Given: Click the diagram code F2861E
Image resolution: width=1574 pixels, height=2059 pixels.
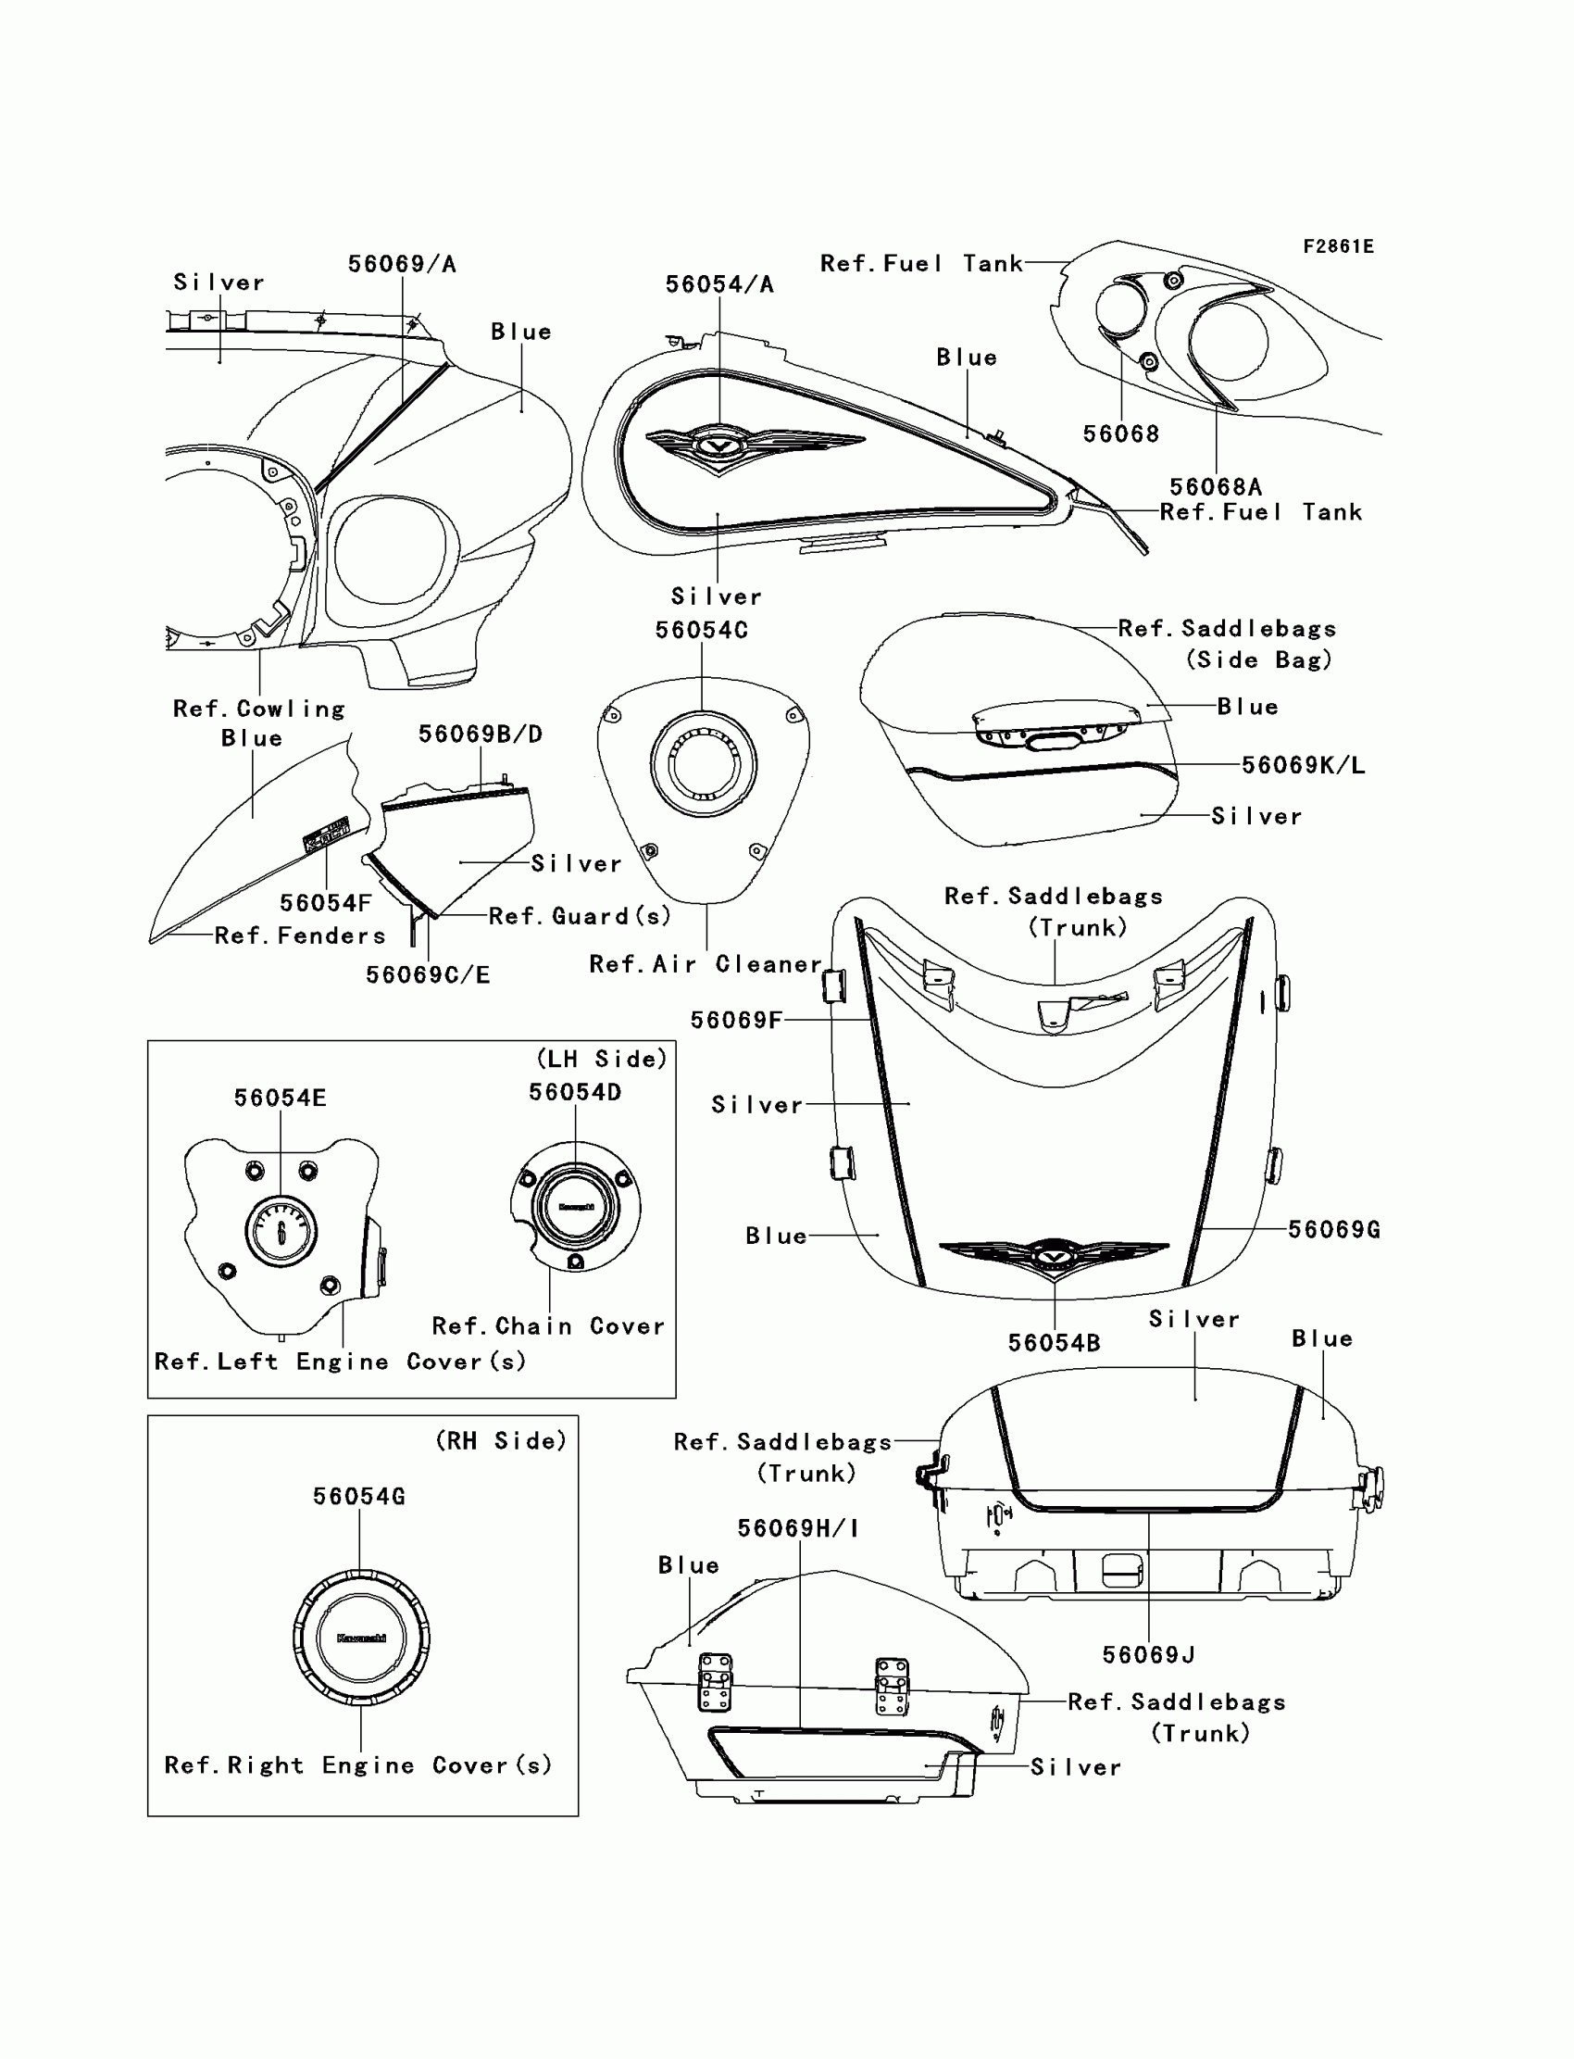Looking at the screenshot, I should click(x=1338, y=246).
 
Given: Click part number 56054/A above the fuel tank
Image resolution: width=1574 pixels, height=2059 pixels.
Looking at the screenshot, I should click(x=719, y=285).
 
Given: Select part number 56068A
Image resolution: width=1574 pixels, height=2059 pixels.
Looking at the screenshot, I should click(x=1215, y=486).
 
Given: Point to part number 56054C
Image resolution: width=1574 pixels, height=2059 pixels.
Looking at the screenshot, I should click(x=702, y=630).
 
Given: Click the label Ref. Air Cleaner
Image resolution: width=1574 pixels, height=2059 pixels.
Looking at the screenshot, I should click(x=706, y=964).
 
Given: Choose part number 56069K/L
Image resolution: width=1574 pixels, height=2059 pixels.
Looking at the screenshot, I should click(x=1304, y=765).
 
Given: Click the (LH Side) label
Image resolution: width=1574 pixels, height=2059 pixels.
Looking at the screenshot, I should click(x=602, y=1059).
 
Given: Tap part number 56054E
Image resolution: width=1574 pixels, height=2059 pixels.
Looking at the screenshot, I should click(x=281, y=1098).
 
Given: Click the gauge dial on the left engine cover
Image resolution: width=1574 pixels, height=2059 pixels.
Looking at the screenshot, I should click(x=281, y=1232).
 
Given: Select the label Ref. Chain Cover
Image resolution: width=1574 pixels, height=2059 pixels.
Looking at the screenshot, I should click(x=548, y=1326).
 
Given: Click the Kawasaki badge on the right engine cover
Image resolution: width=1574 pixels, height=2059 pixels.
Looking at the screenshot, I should click(x=361, y=1638).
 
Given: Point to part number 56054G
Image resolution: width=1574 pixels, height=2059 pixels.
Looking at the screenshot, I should click(x=359, y=1496).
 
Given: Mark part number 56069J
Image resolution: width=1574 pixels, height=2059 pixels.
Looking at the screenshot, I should click(x=1149, y=1655).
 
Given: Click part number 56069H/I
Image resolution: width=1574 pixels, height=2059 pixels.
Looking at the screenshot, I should click(x=798, y=1528).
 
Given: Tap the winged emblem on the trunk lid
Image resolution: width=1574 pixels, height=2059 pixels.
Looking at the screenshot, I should click(x=1054, y=1255).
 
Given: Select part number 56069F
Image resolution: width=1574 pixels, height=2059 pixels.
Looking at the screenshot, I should click(x=736, y=1020).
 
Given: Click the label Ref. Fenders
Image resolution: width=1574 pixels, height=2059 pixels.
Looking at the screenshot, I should click(x=300, y=935).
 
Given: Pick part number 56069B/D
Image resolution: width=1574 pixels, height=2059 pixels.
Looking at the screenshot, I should click(x=480, y=734).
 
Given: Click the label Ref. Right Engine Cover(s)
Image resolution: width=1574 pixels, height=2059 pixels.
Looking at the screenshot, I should click(x=358, y=1765).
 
